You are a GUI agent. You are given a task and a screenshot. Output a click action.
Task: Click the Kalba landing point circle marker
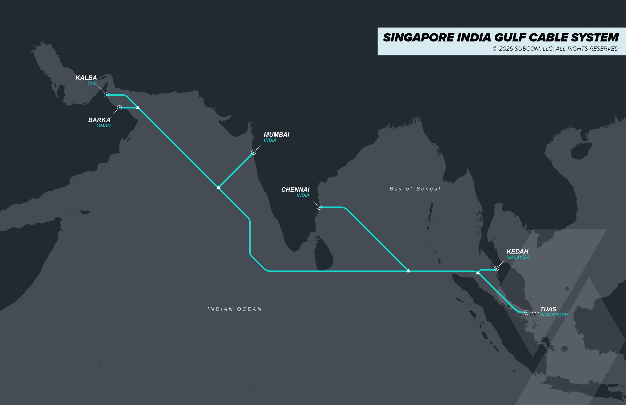[106, 95]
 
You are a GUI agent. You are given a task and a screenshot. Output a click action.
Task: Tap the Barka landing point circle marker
[119, 108]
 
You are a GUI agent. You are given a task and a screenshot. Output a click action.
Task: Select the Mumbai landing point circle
[253, 152]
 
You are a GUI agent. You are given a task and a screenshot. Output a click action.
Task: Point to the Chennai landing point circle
[319, 207]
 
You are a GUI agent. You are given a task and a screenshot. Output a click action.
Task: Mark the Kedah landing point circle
[496, 269]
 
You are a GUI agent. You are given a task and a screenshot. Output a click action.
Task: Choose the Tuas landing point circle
[527, 312]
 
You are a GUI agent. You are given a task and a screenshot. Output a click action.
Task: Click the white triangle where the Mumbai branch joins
[218, 187]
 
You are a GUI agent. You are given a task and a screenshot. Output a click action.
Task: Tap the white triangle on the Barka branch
[137, 107]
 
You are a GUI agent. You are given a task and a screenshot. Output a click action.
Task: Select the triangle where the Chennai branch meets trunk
[408, 270]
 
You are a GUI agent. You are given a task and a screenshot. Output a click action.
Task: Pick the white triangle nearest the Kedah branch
[478, 273]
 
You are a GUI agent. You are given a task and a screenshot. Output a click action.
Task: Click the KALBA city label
[86, 78]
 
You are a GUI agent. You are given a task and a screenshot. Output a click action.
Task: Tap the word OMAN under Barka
[103, 126]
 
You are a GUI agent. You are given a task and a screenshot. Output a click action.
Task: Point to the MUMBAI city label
[276, 135]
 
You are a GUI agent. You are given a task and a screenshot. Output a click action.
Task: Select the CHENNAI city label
[295, 189]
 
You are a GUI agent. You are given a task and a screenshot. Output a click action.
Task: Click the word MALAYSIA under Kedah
[518, 257]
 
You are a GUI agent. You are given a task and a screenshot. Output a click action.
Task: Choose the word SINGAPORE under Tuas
[554, 315]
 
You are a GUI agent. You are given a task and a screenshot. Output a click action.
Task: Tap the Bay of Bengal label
[415, 189]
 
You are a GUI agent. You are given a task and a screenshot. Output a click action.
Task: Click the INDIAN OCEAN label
[235, 309]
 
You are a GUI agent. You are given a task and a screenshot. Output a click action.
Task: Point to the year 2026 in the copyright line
[506, 49]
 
